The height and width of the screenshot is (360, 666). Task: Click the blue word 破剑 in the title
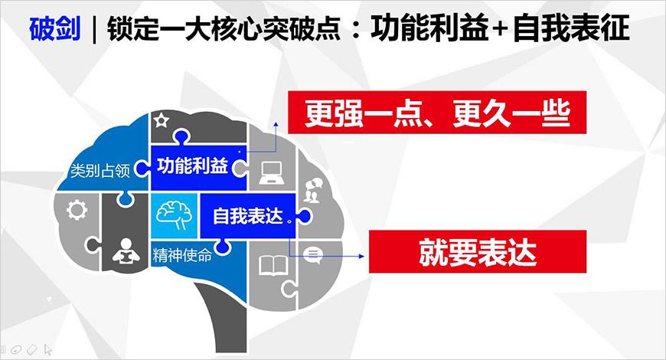[x=54, y=30]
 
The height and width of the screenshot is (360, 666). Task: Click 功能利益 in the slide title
[x=432, y=30]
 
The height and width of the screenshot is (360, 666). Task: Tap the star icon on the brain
[x=162, y=120]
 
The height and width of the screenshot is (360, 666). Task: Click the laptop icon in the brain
[x=271, y=171]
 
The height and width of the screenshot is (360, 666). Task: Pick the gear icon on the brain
[x=77, y=209]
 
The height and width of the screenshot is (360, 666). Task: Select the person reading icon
[x=123, y=250]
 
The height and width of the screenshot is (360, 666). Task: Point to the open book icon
[x=272, y=265]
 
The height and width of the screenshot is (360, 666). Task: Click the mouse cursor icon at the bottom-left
[x=49, y=349]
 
